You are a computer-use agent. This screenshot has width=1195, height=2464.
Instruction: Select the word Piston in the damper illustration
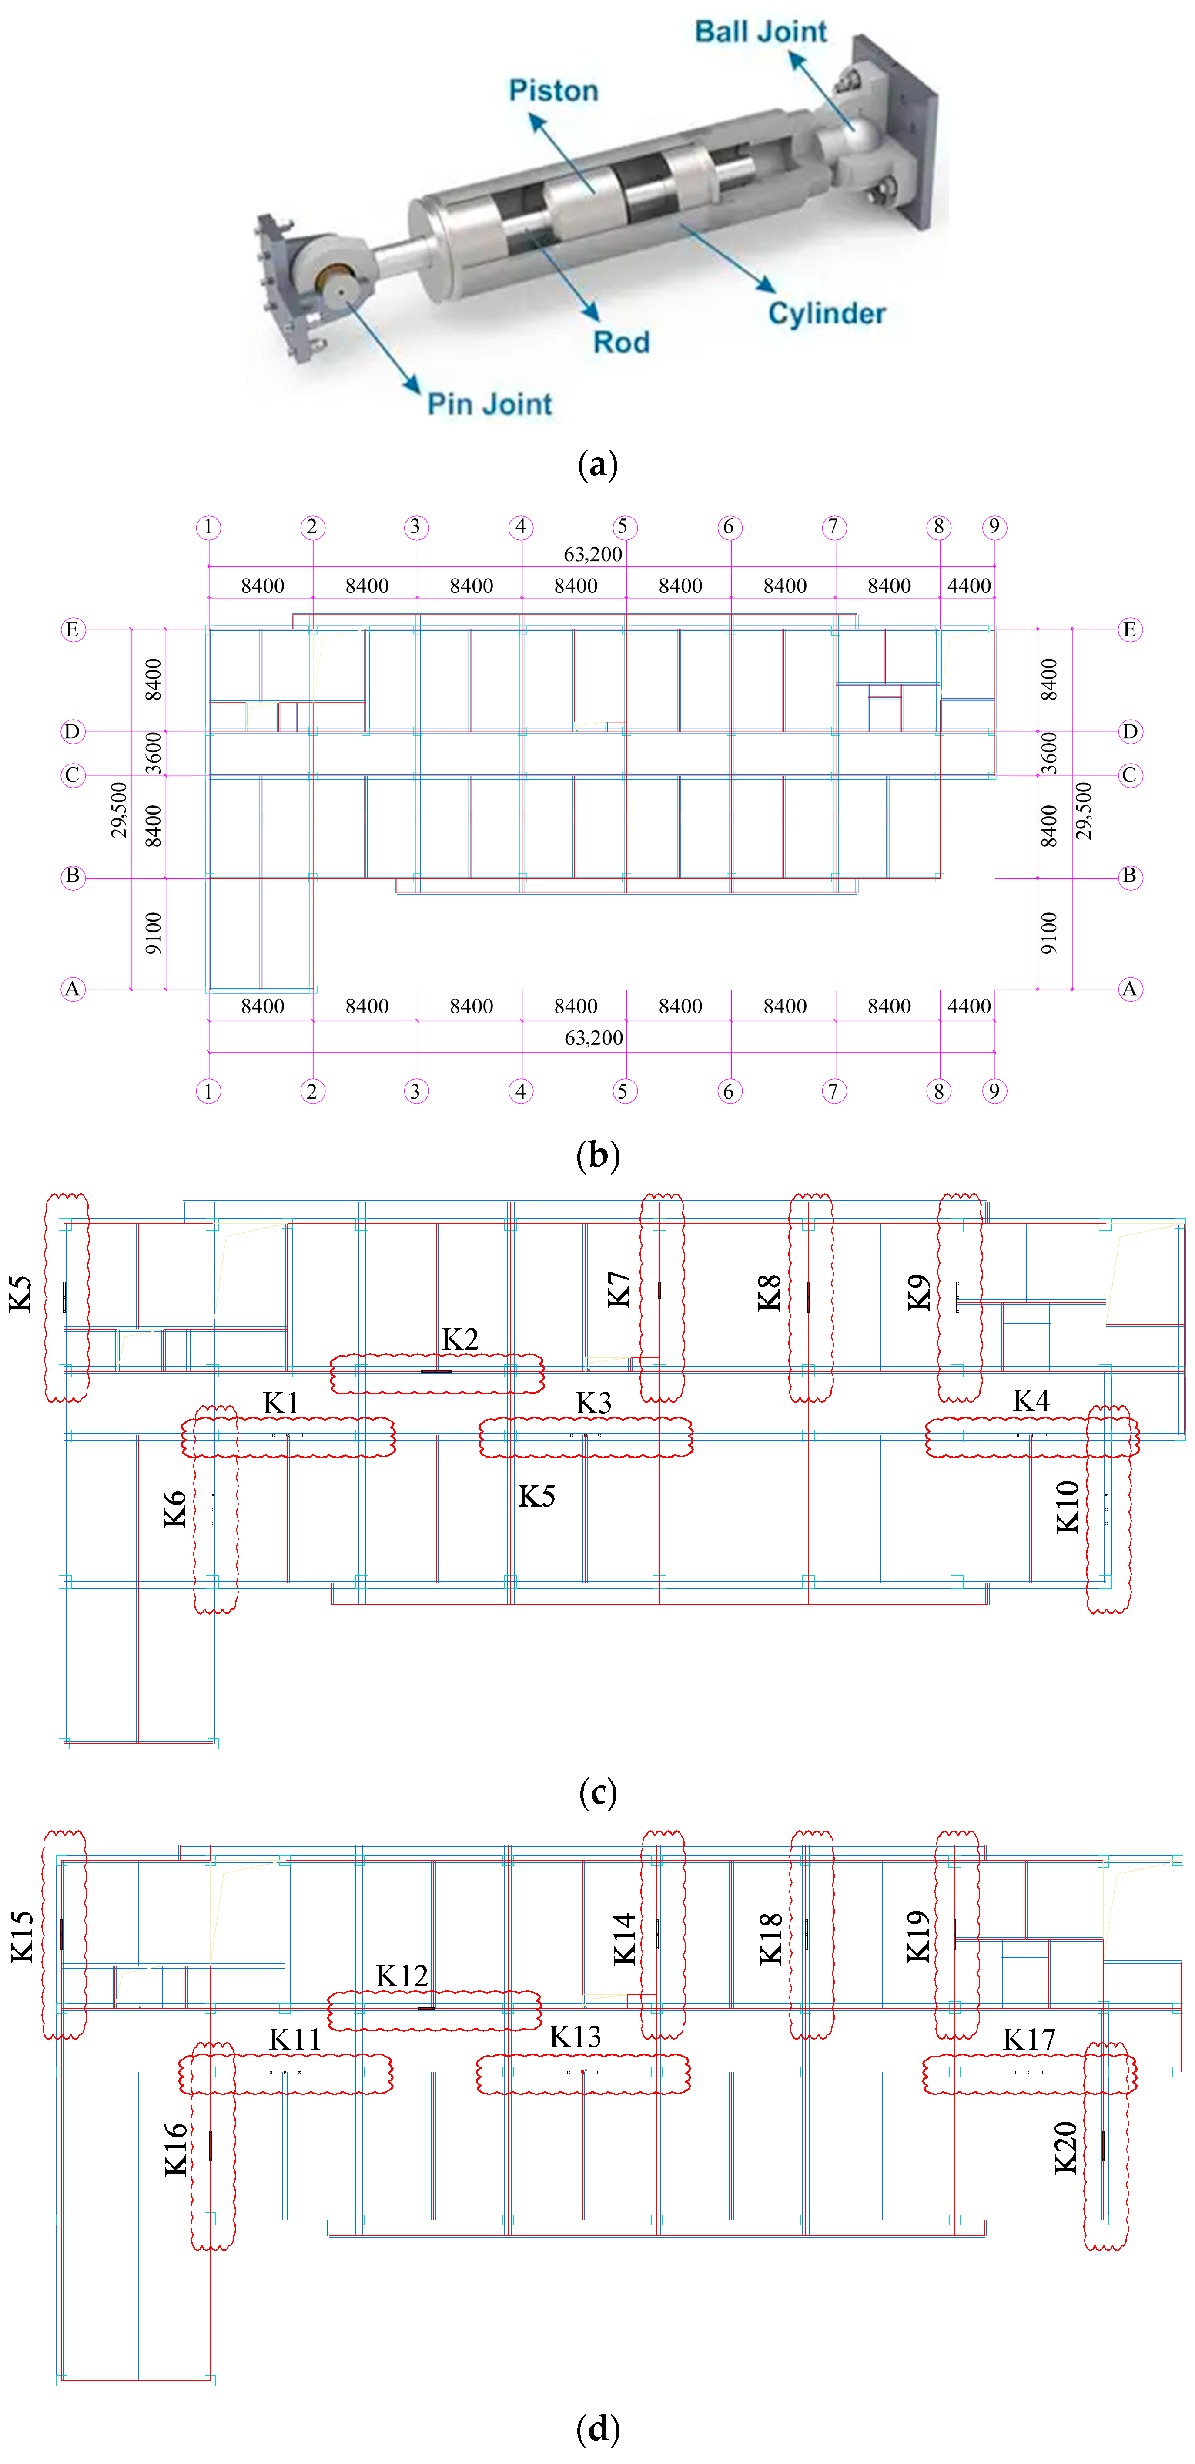[553, 91]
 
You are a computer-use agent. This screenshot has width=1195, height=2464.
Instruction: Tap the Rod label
[621, 343]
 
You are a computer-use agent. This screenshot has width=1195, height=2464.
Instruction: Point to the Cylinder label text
[827, 314]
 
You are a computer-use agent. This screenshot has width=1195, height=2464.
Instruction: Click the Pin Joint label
[489, 404]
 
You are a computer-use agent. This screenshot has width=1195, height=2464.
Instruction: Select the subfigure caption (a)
[599, 465]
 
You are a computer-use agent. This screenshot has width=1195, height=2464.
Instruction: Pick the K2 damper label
[460, 1339]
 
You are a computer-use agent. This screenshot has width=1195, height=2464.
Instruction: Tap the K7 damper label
[619, 1289]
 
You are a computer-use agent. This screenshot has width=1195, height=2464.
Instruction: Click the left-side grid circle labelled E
[73, 629]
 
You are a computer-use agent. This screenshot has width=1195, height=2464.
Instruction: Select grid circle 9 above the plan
[994, 527]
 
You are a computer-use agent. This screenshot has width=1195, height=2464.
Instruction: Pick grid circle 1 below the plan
[208, 1091]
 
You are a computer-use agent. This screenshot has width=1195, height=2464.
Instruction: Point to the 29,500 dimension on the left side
[119, 809]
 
